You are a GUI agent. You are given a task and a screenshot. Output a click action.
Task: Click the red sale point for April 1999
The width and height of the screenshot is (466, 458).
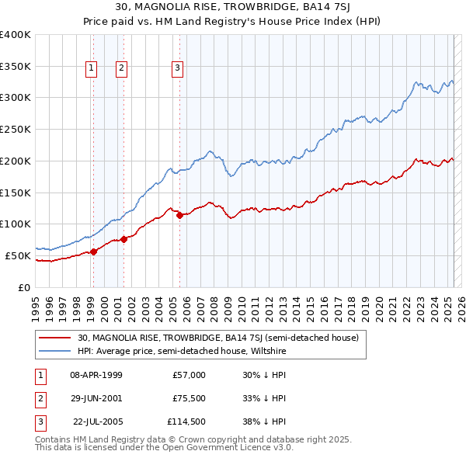[x=93, y=251]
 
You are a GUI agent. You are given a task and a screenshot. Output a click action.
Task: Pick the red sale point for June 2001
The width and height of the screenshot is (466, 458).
[x=123, y=239]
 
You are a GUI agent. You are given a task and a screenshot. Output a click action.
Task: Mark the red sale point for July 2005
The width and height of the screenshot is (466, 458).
[x=179, y=215]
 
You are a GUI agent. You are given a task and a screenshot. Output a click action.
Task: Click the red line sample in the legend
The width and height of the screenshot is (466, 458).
[x=54, y=338]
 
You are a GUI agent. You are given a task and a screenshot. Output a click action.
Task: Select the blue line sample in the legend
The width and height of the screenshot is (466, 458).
[x=54, y=352]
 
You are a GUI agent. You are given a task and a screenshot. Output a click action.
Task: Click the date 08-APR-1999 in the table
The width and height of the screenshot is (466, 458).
[x=96, y=375]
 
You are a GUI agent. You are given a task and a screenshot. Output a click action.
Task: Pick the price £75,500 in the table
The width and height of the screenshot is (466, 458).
[x=189, y=398]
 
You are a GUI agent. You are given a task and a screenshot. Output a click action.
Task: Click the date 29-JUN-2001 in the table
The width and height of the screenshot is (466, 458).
[x=96, y=398]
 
